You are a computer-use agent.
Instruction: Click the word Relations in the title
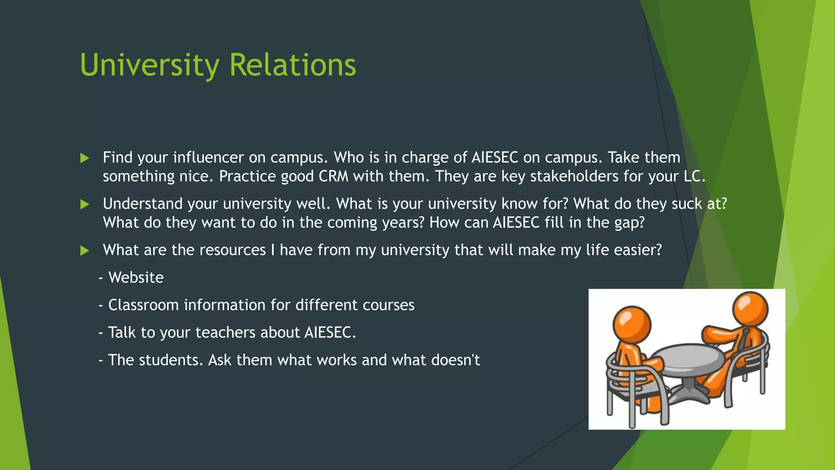pos(293,65)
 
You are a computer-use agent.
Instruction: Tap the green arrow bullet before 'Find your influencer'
pos(85,158)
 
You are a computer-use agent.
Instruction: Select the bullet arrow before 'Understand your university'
pos(85,204)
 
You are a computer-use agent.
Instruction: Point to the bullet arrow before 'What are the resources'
pos(85,251)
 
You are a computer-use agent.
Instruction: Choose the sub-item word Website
pos(136,277)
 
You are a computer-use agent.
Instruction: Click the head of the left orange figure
pos(632,326)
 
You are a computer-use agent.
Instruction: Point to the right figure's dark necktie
pos(744,339)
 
